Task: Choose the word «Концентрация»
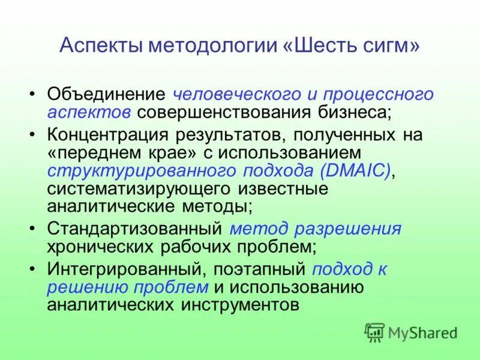[107, 135]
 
